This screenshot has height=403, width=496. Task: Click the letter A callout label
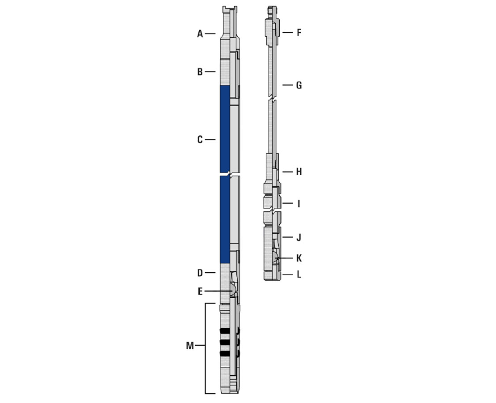[x=200, y=34]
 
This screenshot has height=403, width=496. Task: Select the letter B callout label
[x=200, y=72]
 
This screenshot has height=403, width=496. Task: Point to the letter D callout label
[x=200, y=273]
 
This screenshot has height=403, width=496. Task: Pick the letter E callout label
[x=200, y=292]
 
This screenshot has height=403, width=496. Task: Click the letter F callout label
[x=299, y=33]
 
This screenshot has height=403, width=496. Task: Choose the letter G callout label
[x=299, y=85]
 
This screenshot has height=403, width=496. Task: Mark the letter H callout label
[x=299, y=172]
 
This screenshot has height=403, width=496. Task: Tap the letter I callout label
[x=298, y=204]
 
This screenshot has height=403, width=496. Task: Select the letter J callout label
[x=299, y=237]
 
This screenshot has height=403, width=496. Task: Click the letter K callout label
[x=299, y=258]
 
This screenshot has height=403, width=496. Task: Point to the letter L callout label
[x=299, y=274]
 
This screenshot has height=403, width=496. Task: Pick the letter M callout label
[x=190, y=346]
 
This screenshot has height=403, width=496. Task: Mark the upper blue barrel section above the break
[x=225, y=128]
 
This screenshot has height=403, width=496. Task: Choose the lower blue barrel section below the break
[x=225, y=219]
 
